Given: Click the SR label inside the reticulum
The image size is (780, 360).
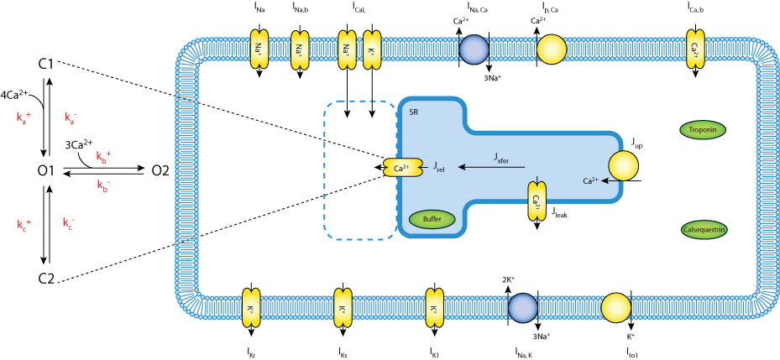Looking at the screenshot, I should (413, 112).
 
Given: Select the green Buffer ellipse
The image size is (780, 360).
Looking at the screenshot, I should (432, 219).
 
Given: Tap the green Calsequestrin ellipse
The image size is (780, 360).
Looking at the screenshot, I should (704, 229).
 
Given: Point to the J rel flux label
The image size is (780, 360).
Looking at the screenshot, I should (439, 168).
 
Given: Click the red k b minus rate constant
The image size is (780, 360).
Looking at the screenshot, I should (102, 185).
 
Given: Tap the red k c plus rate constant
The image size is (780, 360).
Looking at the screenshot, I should (24, 224).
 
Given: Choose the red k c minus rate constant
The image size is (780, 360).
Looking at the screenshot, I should (69, 223).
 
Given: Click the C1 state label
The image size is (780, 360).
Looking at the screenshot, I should (46, 64).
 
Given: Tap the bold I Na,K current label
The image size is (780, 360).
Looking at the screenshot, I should (529, 352).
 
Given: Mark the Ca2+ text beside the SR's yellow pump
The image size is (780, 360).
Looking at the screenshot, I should (590, 180).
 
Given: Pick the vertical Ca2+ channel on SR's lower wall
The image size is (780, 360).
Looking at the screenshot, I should (536, 201).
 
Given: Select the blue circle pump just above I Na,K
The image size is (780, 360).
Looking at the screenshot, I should (522, 308).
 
